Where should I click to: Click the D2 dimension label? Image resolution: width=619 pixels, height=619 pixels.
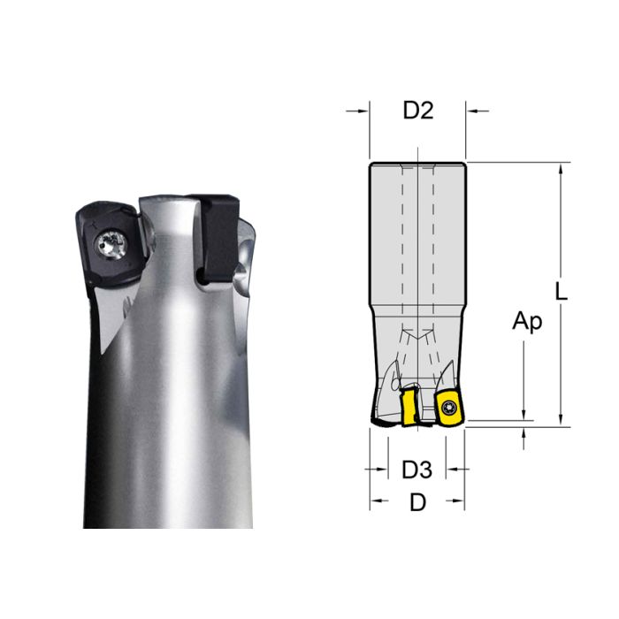coord(417,111)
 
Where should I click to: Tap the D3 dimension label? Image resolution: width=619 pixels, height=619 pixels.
coord(416,469)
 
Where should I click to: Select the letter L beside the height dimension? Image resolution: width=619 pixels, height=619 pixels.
coord(562,291)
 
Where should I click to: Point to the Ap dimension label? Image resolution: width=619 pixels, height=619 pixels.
coord(526,322)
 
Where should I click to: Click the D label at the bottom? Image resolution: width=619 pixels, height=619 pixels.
coord(417,502)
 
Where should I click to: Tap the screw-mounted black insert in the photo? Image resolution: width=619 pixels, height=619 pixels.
coord(105,248)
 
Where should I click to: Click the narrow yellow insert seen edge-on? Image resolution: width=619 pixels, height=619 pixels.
coord(409,405)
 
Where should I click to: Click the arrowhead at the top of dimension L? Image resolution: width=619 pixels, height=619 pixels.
coord(560,168)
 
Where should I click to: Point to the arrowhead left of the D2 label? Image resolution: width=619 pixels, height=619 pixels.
coord(363,111)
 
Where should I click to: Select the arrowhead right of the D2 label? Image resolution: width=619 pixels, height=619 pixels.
coord(471,111)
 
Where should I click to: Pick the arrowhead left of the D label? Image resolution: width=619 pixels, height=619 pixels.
coord(375,501)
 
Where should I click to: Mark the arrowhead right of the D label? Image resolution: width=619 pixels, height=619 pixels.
coord(459,501)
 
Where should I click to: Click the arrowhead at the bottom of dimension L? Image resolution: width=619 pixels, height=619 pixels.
coord(560,421)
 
